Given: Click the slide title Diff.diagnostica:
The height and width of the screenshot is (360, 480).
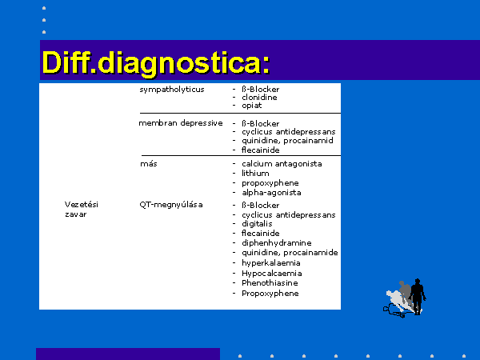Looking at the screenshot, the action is pos(156,62).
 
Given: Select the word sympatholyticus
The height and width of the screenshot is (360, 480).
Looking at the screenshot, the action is pos(172,90).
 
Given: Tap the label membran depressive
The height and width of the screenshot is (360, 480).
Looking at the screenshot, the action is pos(181,123).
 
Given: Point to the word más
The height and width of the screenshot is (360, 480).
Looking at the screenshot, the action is pos(149,164).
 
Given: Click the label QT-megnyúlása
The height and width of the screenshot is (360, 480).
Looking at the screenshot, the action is pos(171,205).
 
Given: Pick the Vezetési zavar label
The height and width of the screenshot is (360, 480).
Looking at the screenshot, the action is pos(82,210).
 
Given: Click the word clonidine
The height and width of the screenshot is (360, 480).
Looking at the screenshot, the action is pos(259,98).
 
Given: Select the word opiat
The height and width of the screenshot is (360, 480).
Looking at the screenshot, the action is pos(252,106).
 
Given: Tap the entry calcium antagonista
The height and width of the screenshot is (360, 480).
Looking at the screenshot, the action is pos(282,164).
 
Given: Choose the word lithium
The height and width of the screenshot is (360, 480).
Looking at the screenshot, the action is pos(255,174).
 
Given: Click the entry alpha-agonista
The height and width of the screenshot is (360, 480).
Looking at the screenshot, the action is pos(271,193).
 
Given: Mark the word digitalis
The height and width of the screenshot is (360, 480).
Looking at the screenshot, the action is pos(257,224).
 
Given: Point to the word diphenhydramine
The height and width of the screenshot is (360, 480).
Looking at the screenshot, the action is pos(277,243).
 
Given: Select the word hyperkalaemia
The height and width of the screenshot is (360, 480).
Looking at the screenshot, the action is pos(271,263).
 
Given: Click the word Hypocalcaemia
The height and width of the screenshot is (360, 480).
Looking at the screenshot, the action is pos(272,274).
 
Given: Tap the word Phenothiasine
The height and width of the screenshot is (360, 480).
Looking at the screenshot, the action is pos(270,283).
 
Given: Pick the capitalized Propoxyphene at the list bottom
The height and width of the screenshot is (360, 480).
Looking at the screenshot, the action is pos(270,294).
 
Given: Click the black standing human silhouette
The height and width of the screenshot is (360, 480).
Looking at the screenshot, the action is pos(418,296).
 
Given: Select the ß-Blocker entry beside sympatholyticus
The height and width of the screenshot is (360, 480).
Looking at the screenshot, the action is pos(260,90).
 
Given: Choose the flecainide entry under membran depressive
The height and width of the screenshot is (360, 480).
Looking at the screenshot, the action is pos(260,150).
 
